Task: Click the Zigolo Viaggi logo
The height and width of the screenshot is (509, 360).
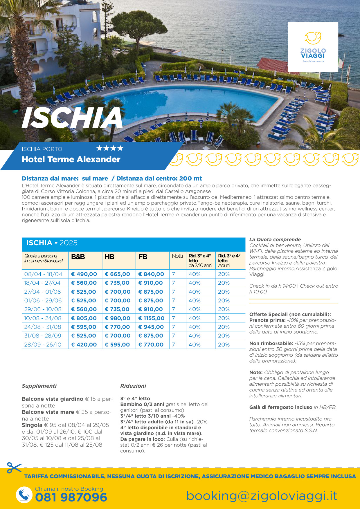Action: click(313, 46)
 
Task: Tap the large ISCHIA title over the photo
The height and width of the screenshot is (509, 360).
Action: click(72, 118)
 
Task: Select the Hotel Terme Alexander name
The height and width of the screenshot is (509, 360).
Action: click(71, 159)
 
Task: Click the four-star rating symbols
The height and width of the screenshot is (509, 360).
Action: click(110, 149)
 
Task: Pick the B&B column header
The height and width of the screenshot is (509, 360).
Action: click(78, 257)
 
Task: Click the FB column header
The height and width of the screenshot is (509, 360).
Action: click(143, 257)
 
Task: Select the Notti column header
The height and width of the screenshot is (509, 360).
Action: click(177, 256)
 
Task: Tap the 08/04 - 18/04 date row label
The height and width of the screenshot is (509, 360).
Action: click(43, 274)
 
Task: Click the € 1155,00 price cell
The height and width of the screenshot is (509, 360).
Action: click(151, 318)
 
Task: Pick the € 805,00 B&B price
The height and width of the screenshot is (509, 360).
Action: click(84, 318)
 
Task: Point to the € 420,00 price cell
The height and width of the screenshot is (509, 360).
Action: click(84, 345)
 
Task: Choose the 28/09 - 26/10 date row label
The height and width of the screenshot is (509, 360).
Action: click(43, 345)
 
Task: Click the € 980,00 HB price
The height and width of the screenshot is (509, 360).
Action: click(118, 318)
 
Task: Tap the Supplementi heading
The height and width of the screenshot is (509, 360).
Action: click(39, 386)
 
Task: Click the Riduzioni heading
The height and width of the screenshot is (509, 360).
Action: click(133, 386)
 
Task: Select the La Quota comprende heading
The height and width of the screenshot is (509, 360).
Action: click(275, 239)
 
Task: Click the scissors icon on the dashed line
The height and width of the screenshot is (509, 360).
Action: click(14, 468)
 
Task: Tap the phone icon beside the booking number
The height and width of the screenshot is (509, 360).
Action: click(24, 494)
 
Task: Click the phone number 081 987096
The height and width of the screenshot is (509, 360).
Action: click(71, 497)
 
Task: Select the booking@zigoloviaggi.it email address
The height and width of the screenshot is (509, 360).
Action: click(262, 496)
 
